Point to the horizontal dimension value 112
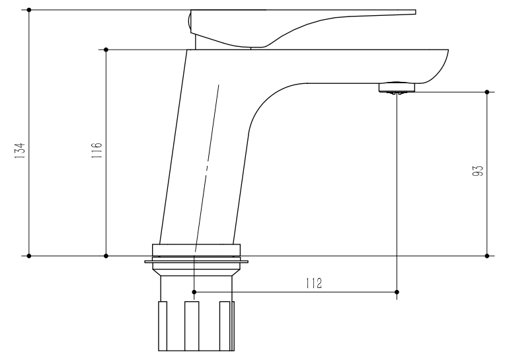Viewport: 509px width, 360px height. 313,283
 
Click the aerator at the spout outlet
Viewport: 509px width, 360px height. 397,87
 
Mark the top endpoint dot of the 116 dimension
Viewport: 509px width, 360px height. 106,50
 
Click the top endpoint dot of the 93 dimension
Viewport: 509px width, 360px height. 487,92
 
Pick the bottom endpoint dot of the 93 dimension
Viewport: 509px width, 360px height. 487,256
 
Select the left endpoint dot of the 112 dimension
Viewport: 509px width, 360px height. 194,291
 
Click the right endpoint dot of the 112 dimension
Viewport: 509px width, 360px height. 397,291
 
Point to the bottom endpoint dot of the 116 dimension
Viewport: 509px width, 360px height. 106,256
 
